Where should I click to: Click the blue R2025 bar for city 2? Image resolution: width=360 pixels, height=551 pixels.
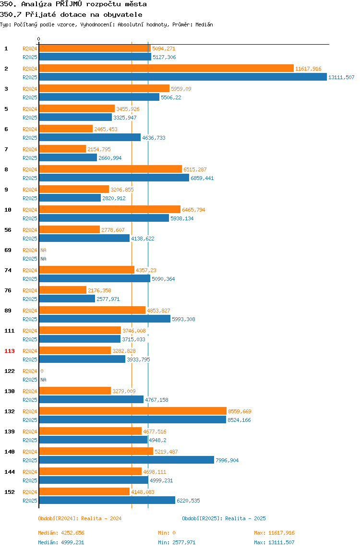[183, 77]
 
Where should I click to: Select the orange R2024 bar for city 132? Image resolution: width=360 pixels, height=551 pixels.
[133, 411]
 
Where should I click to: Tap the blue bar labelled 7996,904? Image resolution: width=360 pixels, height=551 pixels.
[127, 460]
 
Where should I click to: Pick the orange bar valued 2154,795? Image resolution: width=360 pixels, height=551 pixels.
[62, 149]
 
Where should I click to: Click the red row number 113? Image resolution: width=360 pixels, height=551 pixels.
[10, 351]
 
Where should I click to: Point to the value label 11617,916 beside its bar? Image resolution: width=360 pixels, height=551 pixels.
[308, 69]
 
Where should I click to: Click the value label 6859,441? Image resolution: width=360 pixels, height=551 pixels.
[202, 178]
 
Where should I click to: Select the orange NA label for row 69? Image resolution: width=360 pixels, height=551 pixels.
[43, 250]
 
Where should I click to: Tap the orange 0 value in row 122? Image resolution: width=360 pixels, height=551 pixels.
[42, 371]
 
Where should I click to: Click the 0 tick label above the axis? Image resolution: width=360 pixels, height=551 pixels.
[39, 39]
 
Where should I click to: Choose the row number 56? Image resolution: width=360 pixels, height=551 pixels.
[8, 230]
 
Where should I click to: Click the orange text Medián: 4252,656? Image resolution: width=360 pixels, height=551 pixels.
[61, 533]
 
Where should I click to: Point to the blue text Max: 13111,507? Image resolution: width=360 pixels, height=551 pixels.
[274, 542]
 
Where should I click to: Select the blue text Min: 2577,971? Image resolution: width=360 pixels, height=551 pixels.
[177, 542]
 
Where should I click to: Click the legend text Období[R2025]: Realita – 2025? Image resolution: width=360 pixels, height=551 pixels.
[224, 518]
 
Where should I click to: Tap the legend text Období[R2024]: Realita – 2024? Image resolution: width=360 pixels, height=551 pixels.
[80, 518]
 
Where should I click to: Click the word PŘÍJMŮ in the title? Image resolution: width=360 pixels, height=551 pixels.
[69, 4]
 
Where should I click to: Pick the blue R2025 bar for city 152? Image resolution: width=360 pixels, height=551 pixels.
[107, 501]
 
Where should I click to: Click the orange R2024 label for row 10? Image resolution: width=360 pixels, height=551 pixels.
[30, 210]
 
